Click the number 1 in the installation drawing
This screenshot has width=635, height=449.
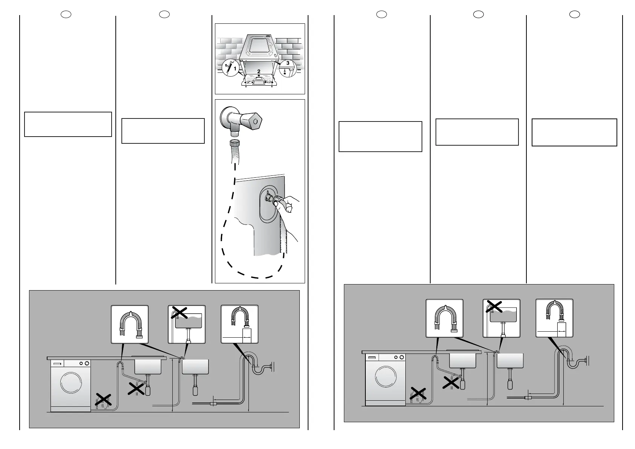click(235, 69)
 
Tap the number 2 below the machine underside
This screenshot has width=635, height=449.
click(259, 71)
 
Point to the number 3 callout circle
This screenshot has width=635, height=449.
click(287, 63)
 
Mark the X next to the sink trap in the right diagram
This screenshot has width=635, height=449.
click(451, 383)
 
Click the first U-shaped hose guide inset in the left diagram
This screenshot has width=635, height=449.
click(130, 324)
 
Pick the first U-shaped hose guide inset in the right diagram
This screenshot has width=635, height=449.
click(444, 318)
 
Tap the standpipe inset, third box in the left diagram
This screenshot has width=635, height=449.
click(239, 324)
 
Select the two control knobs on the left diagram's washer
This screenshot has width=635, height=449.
click(84, 363)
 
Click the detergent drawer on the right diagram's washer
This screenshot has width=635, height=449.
click(372, 357)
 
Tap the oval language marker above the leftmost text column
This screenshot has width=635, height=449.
click(66, 14)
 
